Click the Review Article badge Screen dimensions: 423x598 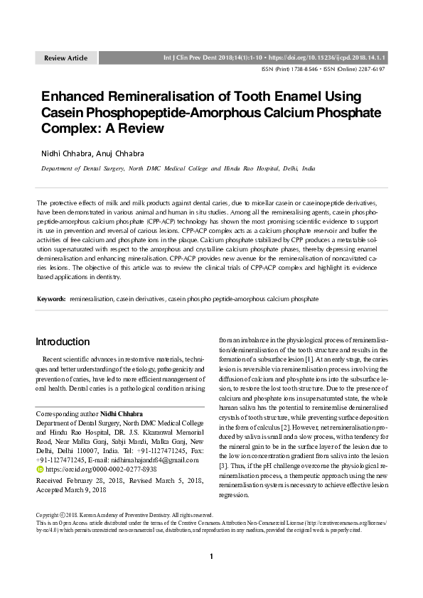click(x=66, y=57)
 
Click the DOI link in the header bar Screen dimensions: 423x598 click(x=341, y=56)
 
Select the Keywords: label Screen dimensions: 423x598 click(x=51, y=299)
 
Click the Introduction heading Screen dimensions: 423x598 click(x=63, y=342)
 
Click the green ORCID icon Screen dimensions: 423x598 click(x=39, y=469)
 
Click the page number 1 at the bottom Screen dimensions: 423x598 click(x=211, y=576)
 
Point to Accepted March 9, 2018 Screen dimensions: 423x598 click(x=70, y=490)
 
